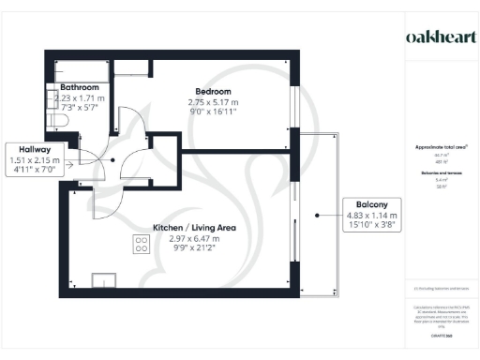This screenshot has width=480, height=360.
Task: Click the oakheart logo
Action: pyautogui.click(x=439, y=37)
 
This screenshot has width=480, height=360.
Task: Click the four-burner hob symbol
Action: pyautogui.click(x=142, y=246)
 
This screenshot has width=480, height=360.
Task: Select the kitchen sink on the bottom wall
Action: pyautogui.click(x=101, y=279)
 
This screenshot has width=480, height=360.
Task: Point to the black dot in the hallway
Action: pyautogui.click(x=114, y=159)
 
